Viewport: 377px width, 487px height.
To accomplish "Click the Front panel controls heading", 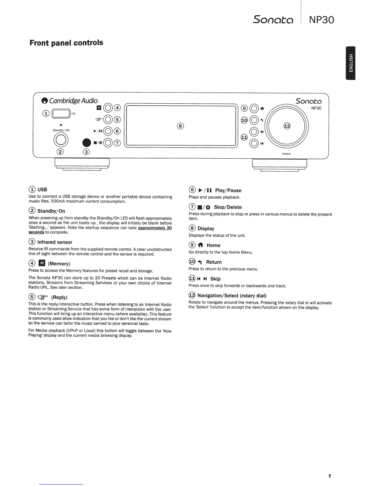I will (x=66, y=43).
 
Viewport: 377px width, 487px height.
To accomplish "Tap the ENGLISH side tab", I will (x=351, y=63).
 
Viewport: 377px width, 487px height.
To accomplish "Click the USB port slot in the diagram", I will (x=61, y=114).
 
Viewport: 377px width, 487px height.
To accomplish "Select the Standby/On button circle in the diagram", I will (x=60, y=140).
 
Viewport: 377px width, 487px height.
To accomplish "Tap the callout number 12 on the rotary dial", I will (x=287, y=126).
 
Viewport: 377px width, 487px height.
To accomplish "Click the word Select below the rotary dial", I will (x=286, y=154).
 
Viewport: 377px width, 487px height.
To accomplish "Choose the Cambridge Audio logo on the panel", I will (x=70, y=101).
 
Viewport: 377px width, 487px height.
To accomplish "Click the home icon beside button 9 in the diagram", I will (x=262, y=108).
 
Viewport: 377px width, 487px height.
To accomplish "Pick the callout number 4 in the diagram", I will (x=117, y=108).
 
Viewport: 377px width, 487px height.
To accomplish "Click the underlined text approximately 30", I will (x=155, y=228).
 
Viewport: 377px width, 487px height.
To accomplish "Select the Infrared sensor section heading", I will (x=55, y=242).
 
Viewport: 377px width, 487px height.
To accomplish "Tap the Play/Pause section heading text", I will (x=228, y=191).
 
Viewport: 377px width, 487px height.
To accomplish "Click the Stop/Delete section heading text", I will (x=228, y=207).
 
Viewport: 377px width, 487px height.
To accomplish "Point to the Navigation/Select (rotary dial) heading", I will (x=232, y=296).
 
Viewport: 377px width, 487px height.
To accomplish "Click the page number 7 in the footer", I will (x=329, y=476).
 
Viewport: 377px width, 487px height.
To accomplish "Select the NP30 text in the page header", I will (x=321, y=20).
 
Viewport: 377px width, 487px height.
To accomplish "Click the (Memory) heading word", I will (x=59, y=264).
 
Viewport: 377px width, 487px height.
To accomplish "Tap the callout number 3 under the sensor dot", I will (x=87, y=152).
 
